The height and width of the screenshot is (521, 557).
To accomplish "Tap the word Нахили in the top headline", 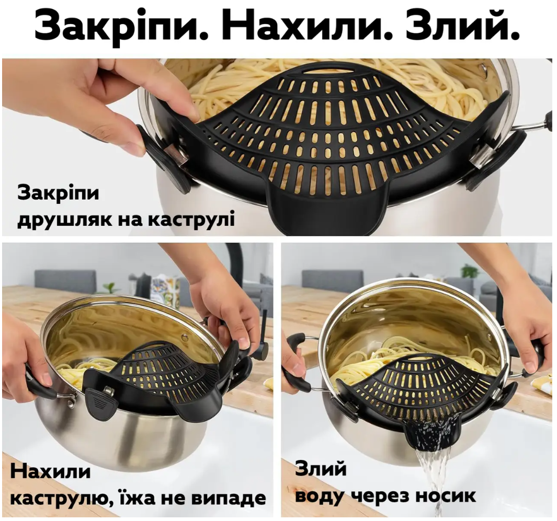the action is pyautogui.click(x=310, y=26).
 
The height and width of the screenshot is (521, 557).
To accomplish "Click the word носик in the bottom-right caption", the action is pyautogui.click(x=446, y=495).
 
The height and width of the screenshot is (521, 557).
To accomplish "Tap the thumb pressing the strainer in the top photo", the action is pyautogui.click(x=178, y=107).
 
